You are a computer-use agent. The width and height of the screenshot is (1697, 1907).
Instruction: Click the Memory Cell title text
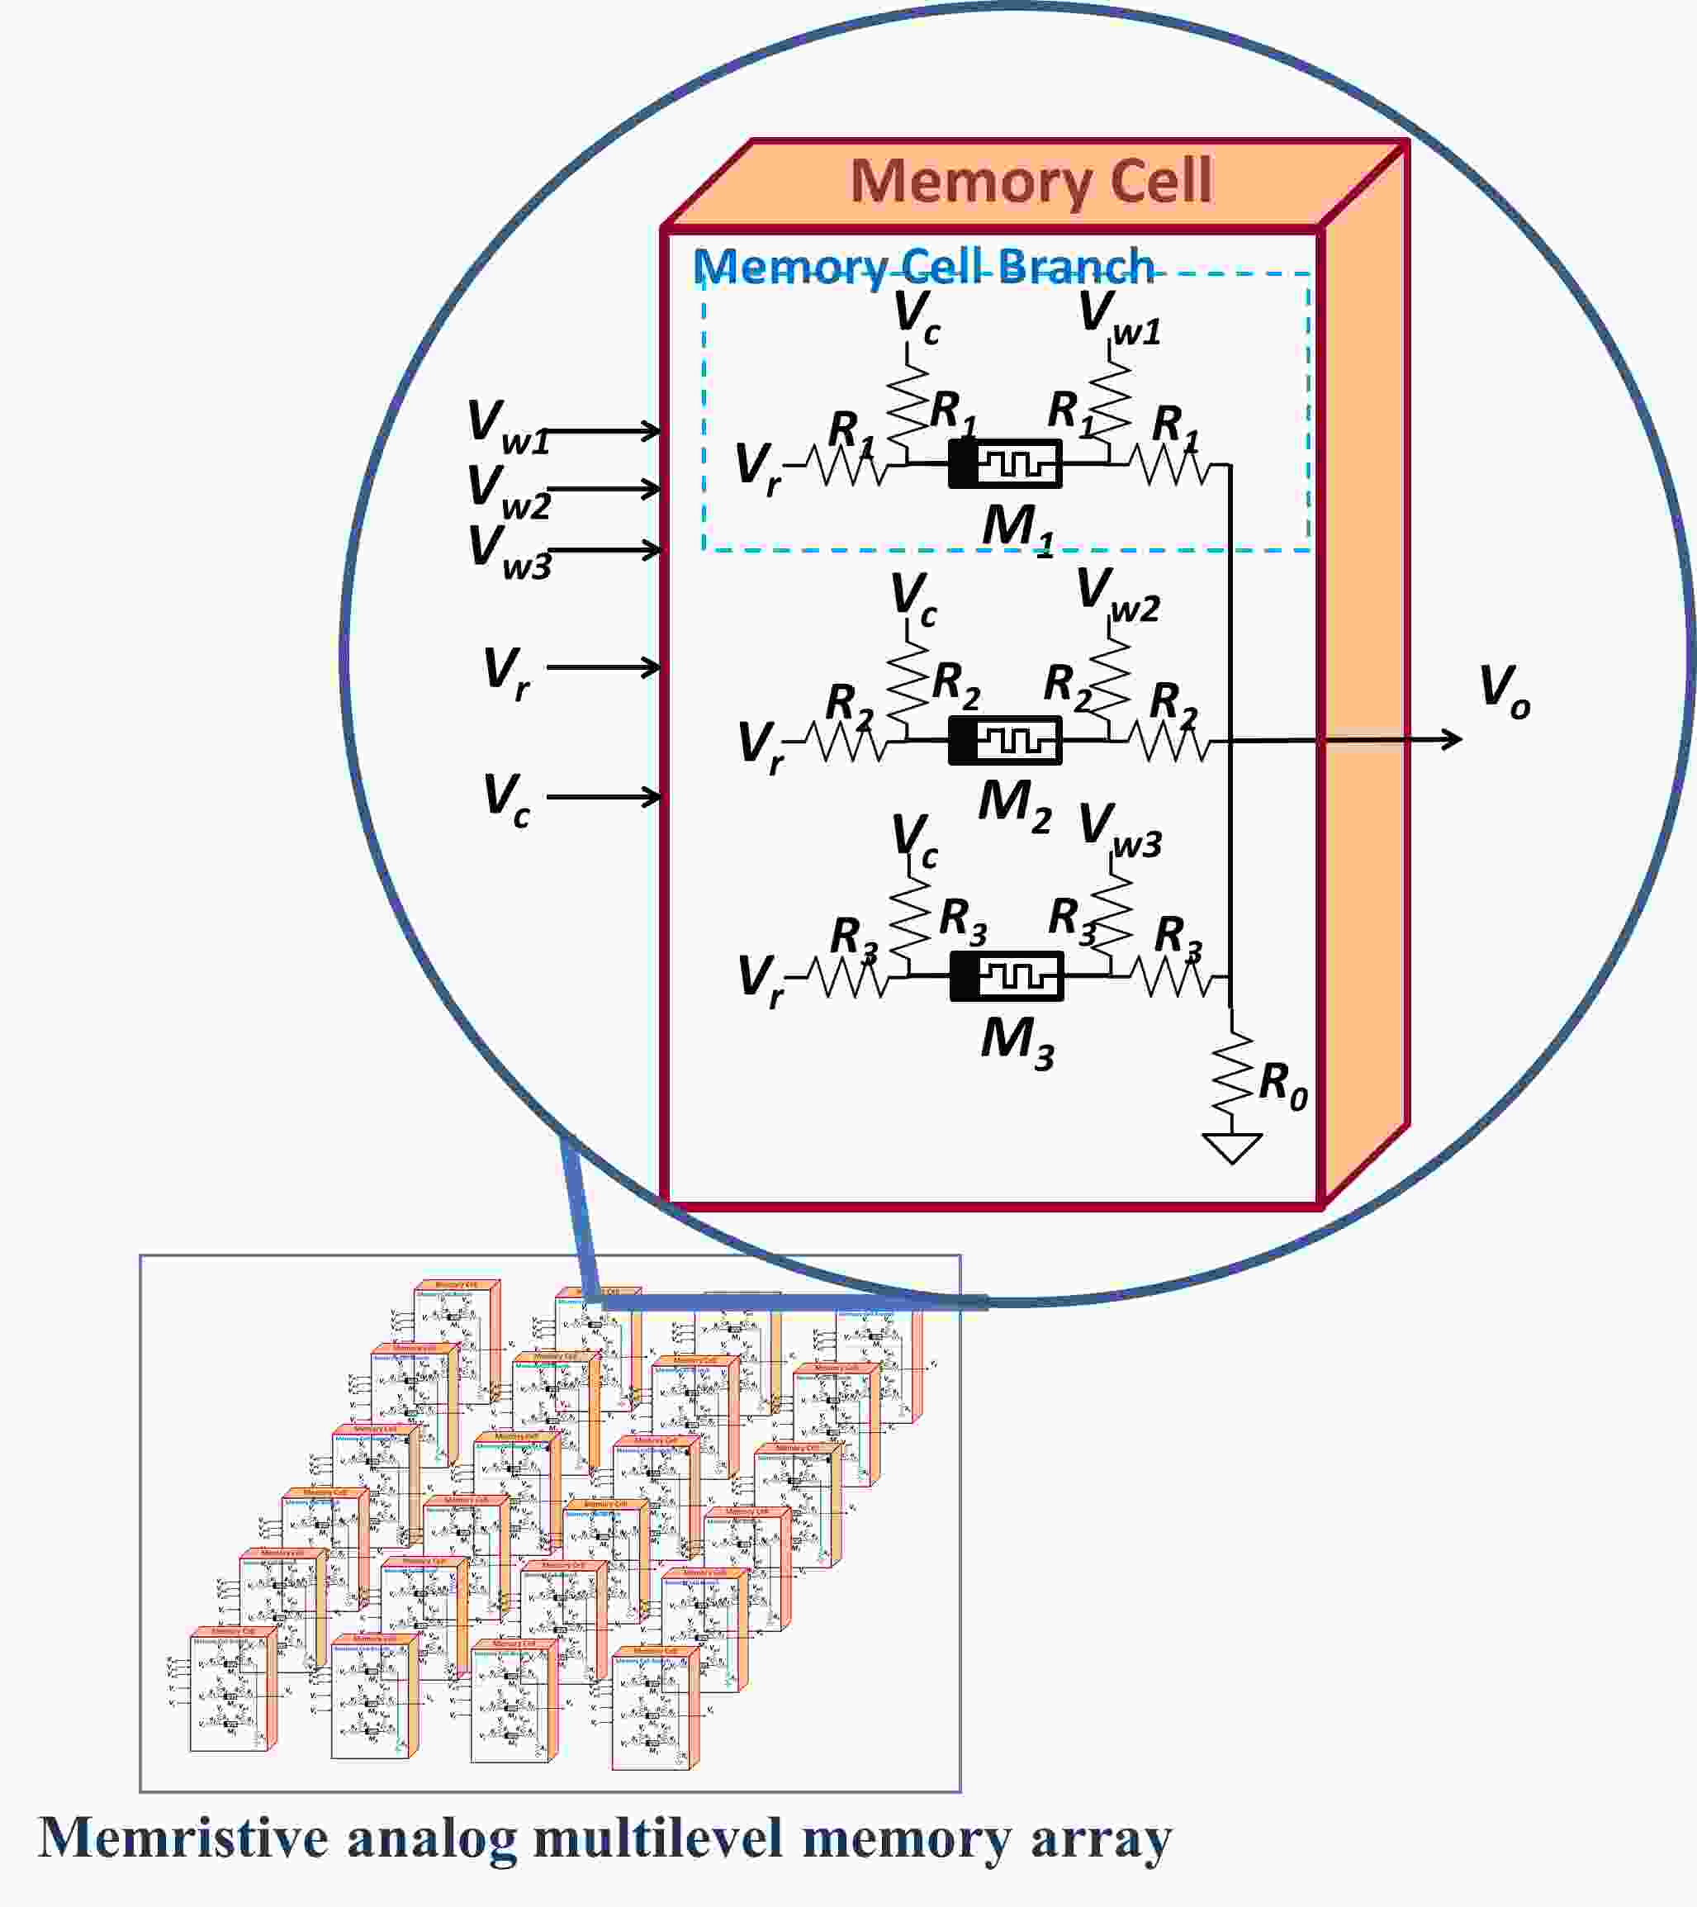click(1030, 181)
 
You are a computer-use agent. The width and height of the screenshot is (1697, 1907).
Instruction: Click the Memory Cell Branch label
click(923, 267)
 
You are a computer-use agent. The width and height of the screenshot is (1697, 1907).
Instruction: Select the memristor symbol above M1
click(1005, 463)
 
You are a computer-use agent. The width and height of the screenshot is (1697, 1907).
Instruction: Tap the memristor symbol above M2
click(1005, 741)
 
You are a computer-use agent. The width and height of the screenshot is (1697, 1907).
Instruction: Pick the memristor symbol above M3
click(1006, 977)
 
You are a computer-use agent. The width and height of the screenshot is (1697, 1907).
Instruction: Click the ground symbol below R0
click(1231, 1146)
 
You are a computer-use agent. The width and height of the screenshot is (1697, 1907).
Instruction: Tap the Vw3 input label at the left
click(509, 553)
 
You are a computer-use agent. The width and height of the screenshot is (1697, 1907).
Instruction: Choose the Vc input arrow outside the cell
click(604, 797)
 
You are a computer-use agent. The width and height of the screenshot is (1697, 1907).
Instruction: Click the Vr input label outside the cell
click(506, 672)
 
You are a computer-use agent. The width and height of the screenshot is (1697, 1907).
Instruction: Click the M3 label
click(1017, 1042)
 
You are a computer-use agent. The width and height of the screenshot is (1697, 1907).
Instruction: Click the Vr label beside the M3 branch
click(761, 980)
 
